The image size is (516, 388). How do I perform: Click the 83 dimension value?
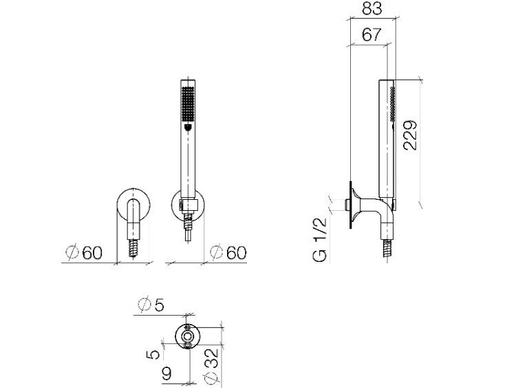tap(372, 8)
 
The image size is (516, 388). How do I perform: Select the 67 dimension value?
tap(372, 34)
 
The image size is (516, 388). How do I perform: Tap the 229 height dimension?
tap(410, 136)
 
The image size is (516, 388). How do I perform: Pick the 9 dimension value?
tap(167, 374)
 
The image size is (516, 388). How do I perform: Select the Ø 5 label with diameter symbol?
tap(151, 305)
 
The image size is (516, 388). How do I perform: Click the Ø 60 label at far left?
tap(84, 253)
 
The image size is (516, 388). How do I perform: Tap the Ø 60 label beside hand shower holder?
tap(228, 253)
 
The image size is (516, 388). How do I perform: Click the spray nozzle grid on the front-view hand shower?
tap(189, 103)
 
